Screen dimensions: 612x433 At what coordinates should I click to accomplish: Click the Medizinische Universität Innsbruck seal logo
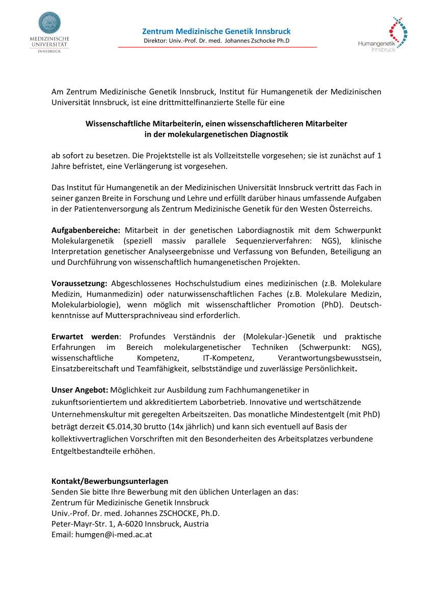(49, 23)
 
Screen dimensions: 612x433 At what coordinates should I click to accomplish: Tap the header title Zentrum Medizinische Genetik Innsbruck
(216, 32)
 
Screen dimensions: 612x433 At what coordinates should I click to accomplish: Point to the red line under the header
(218, 47)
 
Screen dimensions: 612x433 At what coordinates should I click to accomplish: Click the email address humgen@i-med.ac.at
(114, 535)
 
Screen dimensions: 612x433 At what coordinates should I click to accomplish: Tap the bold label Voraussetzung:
(78, 283)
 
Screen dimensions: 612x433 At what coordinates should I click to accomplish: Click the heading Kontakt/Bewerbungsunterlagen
(110, 481)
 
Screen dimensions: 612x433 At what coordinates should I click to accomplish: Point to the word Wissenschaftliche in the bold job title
(118, 124)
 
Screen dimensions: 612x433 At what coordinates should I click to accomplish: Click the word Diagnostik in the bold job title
(265, 134)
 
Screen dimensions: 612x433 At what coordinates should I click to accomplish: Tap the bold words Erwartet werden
(85, 337)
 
